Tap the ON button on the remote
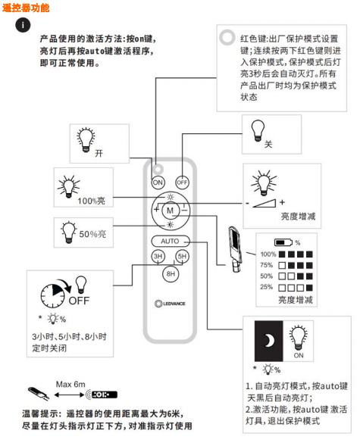coord(158,183)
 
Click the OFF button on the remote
coord(182,183)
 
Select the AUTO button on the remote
coord(171,241)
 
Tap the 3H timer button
coord(158,256)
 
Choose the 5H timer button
coord(182,256)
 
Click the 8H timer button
coord(171,274)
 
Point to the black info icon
coord(23,25)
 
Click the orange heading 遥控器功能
coord(26,8)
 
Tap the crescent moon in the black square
coord(269,341)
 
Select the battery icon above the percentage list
coord(283,242)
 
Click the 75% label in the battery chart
coord(266,265)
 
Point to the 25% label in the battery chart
coord(266,287)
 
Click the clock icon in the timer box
coord(52,295)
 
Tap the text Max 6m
coord(70,385)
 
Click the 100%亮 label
coord(92,201)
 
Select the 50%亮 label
coord(92,234)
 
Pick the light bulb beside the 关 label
coord(258,130)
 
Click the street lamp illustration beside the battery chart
coord(235,248)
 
